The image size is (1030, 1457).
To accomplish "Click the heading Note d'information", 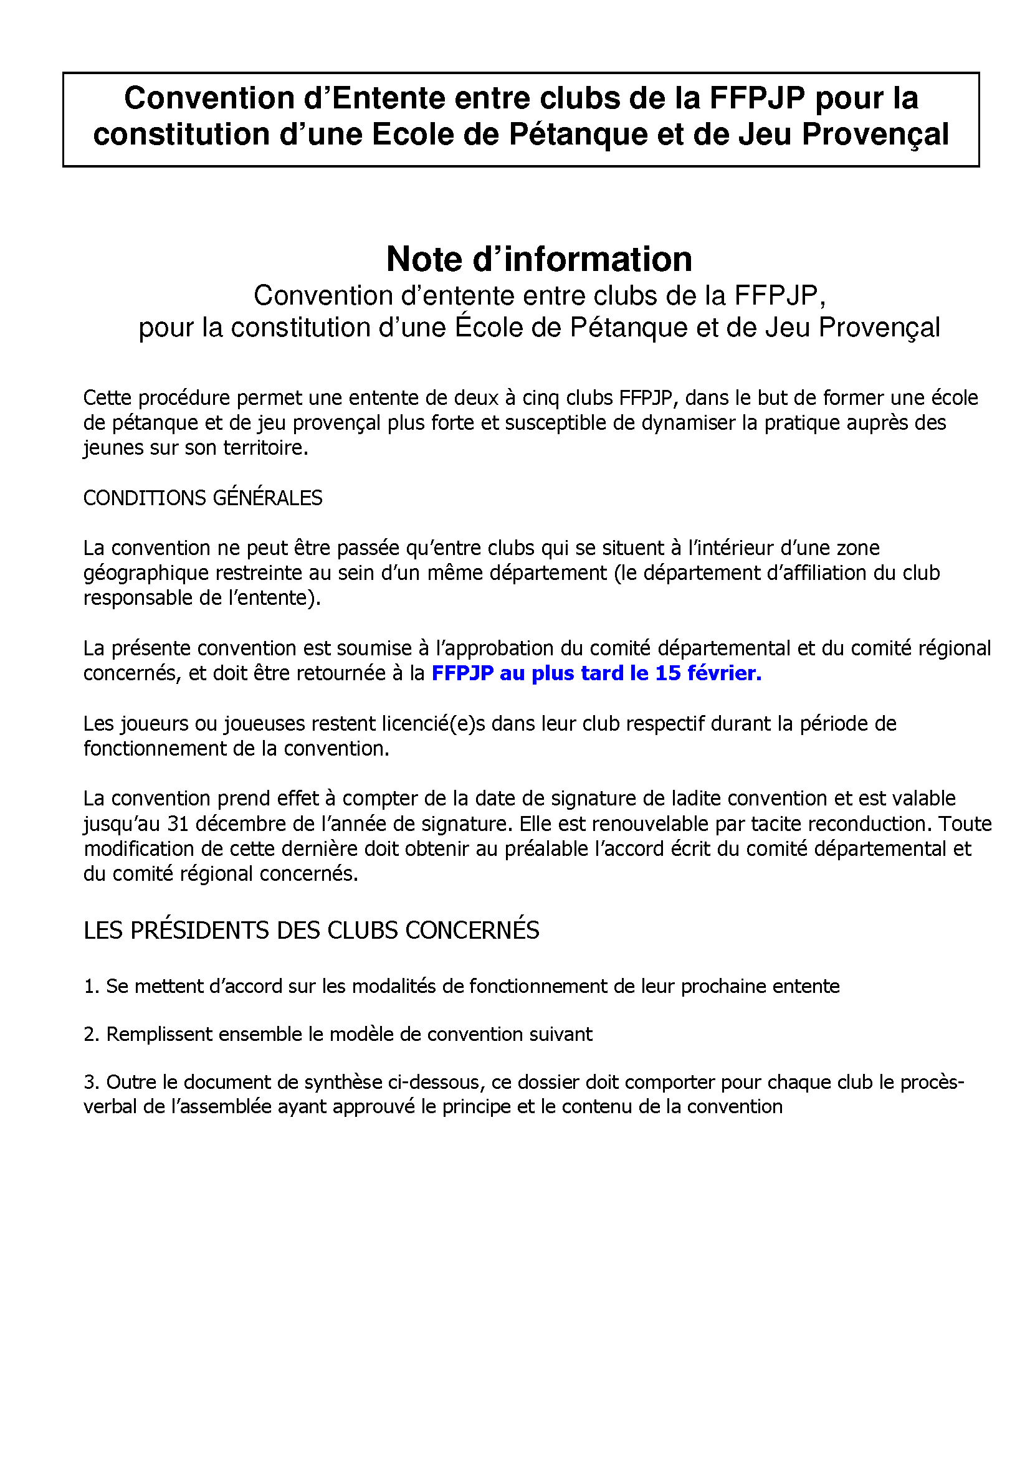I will [539, 259].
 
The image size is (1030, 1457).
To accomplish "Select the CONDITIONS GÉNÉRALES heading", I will [203, 498].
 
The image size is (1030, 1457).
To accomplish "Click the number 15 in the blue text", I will [667, 673].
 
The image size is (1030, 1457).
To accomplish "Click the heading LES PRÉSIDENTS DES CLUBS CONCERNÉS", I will [311, 930].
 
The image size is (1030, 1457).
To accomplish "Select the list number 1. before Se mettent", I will [92, 986].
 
